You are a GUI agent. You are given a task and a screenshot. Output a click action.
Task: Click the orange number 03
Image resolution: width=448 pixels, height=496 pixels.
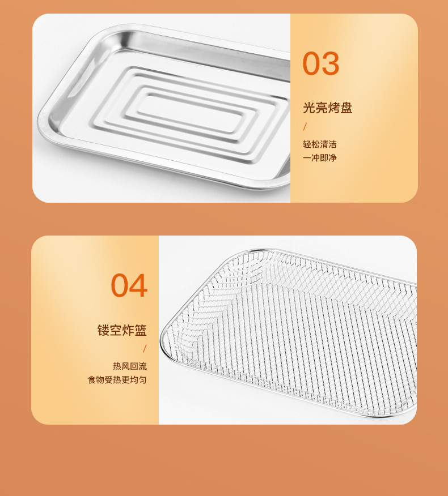click(320, 63)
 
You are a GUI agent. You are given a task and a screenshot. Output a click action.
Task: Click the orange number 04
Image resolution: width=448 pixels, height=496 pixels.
click(129, 285)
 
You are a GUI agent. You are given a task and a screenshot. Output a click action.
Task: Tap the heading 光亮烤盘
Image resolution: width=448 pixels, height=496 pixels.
click(328, 108)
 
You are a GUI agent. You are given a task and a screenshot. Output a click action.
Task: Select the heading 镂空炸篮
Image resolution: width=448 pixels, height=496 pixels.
click(122, 330)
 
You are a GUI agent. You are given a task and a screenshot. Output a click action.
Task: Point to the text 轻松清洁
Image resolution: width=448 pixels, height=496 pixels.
click(320, 144)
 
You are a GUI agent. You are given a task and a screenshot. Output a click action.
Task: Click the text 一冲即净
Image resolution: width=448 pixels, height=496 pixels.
click(320, 157)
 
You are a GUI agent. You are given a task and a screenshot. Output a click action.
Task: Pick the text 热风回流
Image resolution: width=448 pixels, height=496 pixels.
click(130, 366)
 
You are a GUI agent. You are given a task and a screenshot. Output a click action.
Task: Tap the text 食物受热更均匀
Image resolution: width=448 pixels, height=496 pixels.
click(117, 379)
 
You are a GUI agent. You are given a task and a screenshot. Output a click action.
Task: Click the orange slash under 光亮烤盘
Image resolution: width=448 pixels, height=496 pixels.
click(305, 126)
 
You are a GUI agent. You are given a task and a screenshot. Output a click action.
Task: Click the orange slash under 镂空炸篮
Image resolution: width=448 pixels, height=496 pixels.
click(145, 349)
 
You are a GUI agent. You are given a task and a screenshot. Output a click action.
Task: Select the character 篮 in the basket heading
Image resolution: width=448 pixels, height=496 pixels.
click(141, 330)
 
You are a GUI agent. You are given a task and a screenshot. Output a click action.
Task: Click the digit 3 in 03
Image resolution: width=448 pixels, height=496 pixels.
click(331, 63)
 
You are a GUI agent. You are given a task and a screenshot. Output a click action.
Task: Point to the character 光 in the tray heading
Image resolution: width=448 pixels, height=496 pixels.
click(309, 108)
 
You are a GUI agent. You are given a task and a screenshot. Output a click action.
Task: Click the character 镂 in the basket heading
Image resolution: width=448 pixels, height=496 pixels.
click(103, 330)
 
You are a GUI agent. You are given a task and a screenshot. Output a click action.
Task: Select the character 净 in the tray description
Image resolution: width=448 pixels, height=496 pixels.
click(333, 157)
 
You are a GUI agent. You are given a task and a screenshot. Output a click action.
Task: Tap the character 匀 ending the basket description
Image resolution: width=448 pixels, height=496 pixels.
click(143, 379)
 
